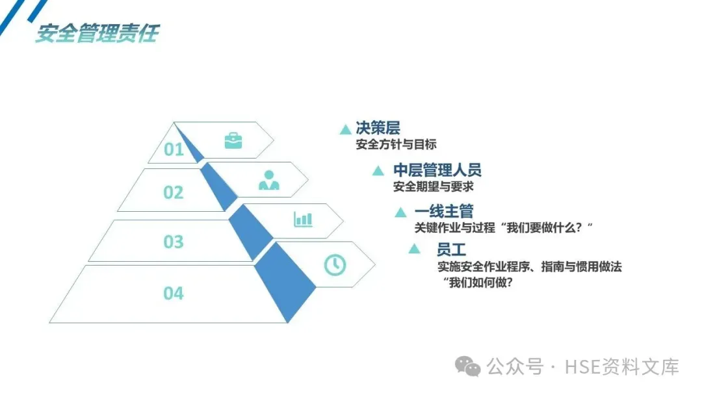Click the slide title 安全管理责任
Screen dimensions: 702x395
(96, 32)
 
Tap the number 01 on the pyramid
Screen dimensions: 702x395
(174, 150)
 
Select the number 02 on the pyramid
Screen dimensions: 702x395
(174, 192)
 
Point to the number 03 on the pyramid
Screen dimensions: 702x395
(174, 242)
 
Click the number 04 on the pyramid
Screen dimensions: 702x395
(174, 294)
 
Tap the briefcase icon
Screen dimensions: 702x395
(233, 140)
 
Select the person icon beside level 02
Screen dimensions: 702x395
(268, 180)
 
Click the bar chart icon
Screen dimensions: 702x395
(303, 219)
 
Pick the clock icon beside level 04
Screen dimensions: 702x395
(335, 264)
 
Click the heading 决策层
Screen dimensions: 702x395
(378, 128)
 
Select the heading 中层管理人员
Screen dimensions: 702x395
(437, 171)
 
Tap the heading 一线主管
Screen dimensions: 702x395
(444, 211)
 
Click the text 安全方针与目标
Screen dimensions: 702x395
(396, 144)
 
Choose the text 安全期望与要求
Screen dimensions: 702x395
(434, 187)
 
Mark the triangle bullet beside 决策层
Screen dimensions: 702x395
(345, 130)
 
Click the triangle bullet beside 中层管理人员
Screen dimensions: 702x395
(378, 171)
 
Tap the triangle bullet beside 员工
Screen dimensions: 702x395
(414, 249)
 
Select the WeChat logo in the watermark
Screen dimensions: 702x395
(468, 366)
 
